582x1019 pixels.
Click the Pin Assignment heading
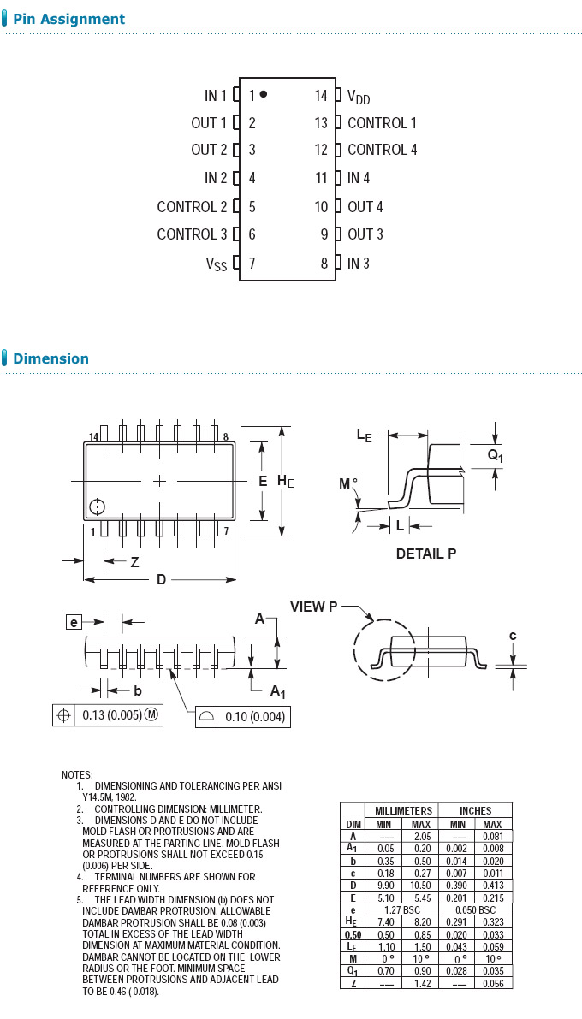click(68, 19)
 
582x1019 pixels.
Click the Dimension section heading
click(50, 358)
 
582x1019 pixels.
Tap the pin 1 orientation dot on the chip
click(264, 94)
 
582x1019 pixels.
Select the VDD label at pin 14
click(359, 97)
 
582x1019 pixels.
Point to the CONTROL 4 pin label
click(382, 150)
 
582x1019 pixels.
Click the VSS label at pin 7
click(216, 264)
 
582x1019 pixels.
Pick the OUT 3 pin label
click(365, 234)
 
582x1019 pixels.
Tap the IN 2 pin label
click(216, 178)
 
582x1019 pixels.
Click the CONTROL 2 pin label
click(192, 207)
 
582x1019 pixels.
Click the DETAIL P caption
click(425, 554)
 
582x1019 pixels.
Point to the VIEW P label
click(313, 607)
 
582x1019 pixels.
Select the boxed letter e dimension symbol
click(74, 622)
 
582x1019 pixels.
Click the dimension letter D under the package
click(161, 580)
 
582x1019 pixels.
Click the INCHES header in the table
click(475, 810)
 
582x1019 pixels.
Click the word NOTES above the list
click(77, 774)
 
